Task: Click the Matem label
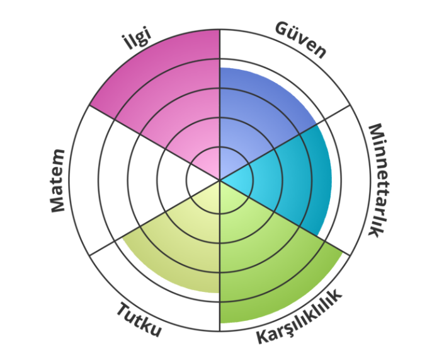[x=58, y=180]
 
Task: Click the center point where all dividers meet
[x=219, y=180]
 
